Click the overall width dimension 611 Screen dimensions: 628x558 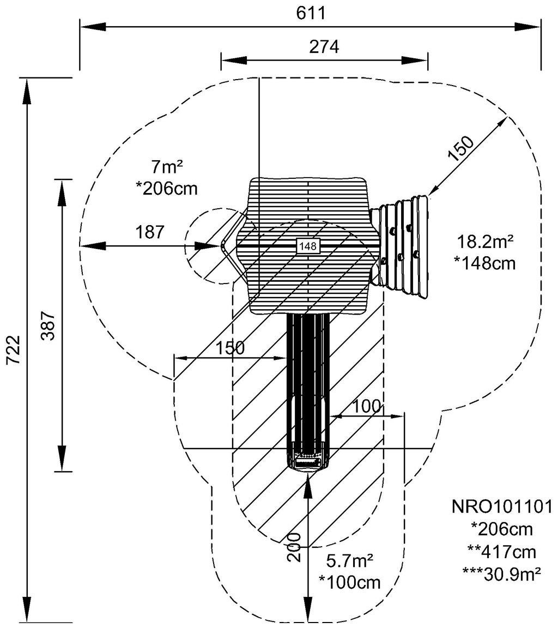[311, 13]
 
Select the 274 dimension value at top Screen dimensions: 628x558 [324, 47]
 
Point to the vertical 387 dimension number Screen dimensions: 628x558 [48, 326]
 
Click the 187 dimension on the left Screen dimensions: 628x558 [150, 232]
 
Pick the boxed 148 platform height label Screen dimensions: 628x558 [308, 246]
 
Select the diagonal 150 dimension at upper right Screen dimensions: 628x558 [461, 148]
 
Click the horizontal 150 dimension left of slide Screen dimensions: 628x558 [230, 348]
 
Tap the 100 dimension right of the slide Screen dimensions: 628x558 [367, 406]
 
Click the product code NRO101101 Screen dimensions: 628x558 [502, 506]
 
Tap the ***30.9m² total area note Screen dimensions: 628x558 [502, 573]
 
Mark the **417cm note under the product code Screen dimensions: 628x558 [502, 551]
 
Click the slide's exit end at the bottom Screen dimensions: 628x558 [308, 461]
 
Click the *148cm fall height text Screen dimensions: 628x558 [484, 263]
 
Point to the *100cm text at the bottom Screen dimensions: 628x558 [350, 582]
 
